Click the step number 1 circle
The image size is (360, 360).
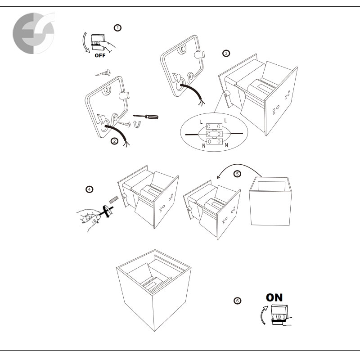point(118,28)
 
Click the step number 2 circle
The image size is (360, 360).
point(114,141)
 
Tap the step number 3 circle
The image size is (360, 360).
point(226,54)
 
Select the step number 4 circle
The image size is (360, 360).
point(90,189)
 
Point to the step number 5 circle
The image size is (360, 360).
point(238,173)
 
